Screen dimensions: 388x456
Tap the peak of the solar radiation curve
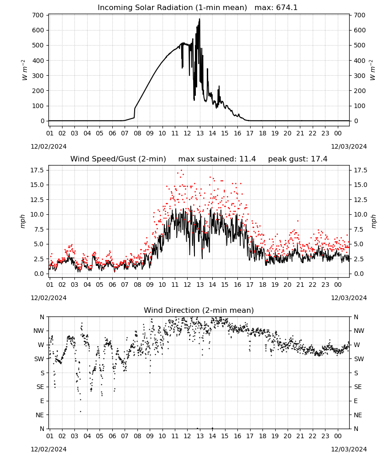coord(199,19)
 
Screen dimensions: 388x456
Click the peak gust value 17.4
coord(320,159)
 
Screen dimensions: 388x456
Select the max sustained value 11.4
coord(248,159)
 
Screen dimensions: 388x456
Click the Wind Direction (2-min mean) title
coord(199,310)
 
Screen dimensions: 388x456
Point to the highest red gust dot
coord(181,171)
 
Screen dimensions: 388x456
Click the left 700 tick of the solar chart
coord(38,15)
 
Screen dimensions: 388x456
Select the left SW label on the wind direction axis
coord(39,359)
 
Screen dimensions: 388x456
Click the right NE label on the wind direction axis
coord(358,415)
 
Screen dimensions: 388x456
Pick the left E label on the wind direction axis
coord(42,401)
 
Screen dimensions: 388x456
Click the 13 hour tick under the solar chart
coord(200,133)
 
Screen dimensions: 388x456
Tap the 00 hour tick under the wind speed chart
coord(338,285)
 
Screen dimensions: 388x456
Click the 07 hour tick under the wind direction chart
coord(125,436)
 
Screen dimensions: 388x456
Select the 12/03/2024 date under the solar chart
coord(349,146)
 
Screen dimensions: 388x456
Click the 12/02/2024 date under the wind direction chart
coord(48,449)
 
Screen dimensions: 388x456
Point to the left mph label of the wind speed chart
coord(23,221)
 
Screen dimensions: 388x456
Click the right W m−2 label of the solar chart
coord(372,70)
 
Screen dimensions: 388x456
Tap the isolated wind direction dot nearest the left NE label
coord(81,411)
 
